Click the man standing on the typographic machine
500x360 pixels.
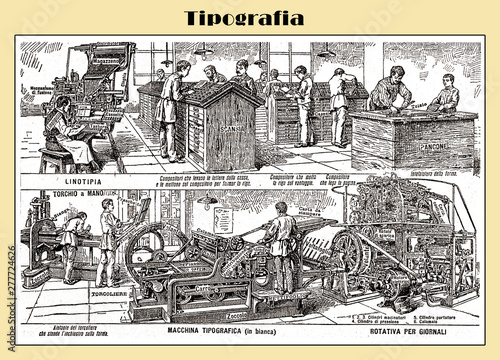281,241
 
